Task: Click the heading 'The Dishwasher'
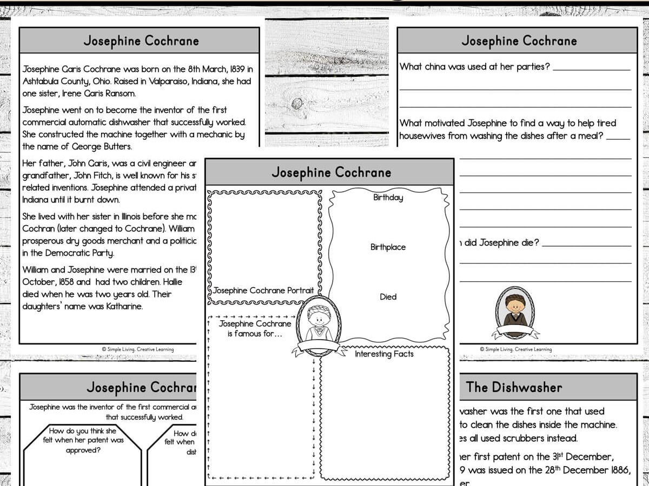pos(514,387)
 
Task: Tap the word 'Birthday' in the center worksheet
pos(388,198)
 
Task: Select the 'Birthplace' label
pos(388,247)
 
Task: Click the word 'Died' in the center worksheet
pos(388,297)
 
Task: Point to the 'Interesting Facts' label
pos(384,354)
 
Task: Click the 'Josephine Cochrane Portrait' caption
pos(263,291)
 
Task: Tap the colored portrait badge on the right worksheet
pos(515,312)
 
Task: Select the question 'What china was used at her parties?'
pos(475,67)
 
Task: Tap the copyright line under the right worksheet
pos(515,349)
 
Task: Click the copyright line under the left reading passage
pos(138,349)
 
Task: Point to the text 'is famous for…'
pos(255,334)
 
